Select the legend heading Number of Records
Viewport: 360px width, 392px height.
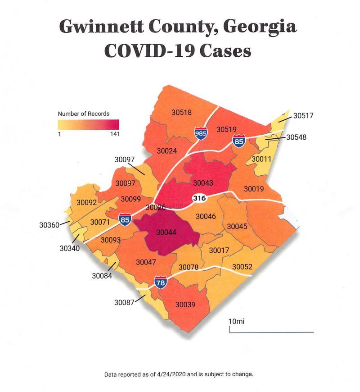(83, 114)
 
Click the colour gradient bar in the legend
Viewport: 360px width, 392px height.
(88, 124)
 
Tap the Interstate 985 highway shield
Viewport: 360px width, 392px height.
(201, 133)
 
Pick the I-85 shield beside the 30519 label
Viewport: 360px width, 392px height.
(239, 141)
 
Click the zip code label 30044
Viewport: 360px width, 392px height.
(166, 232)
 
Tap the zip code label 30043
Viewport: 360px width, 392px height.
(203, 183)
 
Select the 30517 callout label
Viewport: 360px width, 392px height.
(303, 116)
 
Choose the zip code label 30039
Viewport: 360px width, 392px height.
(185, 305)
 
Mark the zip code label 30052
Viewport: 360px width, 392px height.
(242, 267)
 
